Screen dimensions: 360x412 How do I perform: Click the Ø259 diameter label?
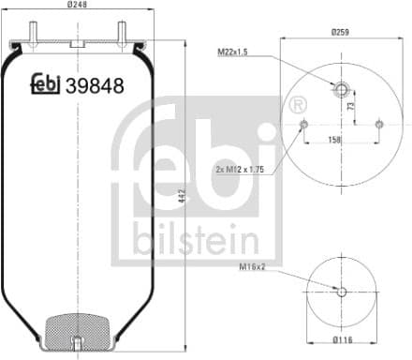click(x=341, y=32)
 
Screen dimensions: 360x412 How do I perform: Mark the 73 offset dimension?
click(x=350, y=107)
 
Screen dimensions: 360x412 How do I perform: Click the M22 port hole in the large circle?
click(x=341, y=90)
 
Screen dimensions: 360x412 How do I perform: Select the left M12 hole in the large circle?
click(x=302, y=124)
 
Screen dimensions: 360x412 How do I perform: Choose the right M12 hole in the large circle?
click(x=378, y=124)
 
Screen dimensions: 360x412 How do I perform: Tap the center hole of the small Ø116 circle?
click(x=341, y=292)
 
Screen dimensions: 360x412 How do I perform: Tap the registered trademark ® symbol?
click(x=298, y=105)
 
